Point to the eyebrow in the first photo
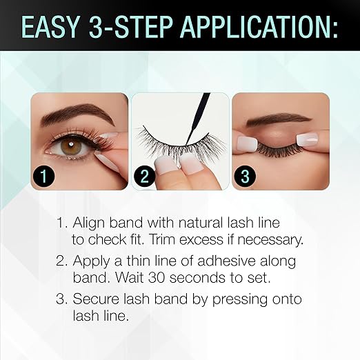72,111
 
